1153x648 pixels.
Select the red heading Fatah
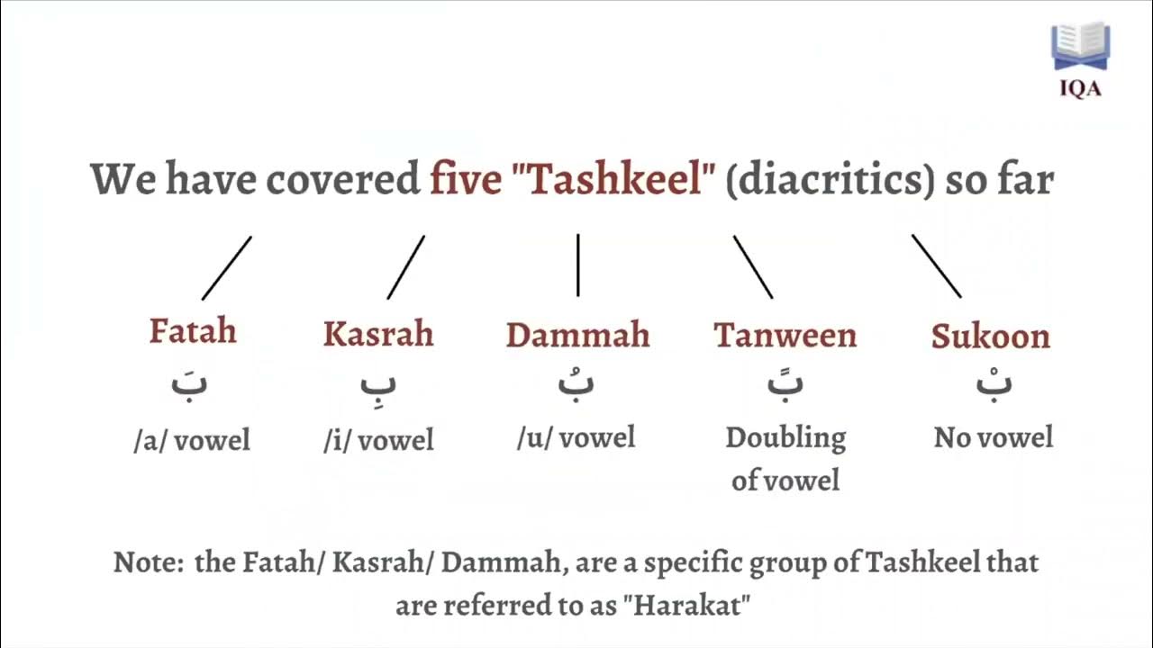pos(193,331)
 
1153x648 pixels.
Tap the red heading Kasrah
pos(378,334)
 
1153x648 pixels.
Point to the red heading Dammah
pos(577,335)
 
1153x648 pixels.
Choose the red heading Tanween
pos(785,336)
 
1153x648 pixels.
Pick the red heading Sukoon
pos(991,337)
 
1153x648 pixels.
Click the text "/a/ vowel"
pos(192,441)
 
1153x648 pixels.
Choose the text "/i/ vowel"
pos(378,441)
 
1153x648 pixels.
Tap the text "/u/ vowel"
pos(576,438)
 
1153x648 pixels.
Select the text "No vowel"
pos(994,438)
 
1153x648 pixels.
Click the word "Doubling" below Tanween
pos(785,438)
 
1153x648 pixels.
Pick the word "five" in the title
pos(465,180)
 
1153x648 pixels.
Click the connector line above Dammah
pos(577,265)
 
